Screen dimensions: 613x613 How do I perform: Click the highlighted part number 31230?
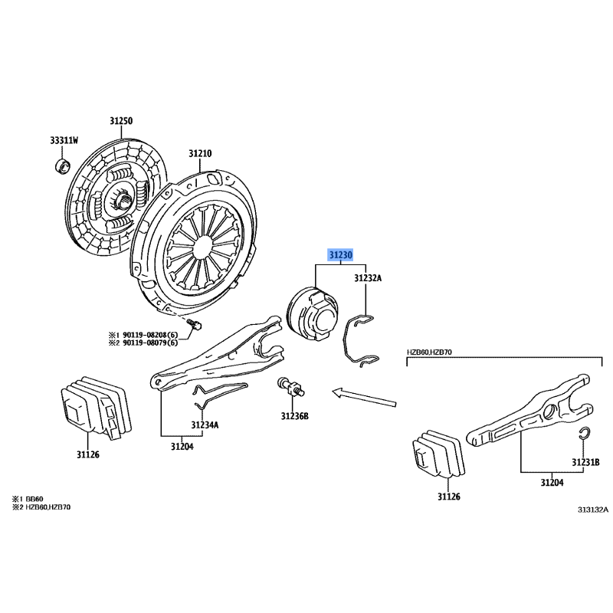pyautogui.click(x=340, y=255)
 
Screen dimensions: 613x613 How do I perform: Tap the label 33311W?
pyautogui.click(x=64, y=140)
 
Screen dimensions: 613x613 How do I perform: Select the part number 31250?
pyautogui.click(x=121, y=121)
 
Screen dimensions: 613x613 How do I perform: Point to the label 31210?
pyautogui.click(x=200, y=153)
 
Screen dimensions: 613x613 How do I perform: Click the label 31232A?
pyautogui.click(x=368, y=278)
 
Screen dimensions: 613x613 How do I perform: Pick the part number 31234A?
pyautogui.click(x=205, y=425)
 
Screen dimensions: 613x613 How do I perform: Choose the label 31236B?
pyautogui.click(x=295, y=416)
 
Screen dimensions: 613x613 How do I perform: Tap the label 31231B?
pyautogui.click(x=585, y=462)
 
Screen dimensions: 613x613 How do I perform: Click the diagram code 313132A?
pyautogui.click(x=593, y=510)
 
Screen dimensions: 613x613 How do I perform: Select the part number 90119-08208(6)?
pyautogui.click(x=150, y=335)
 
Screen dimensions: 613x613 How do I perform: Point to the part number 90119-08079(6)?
pyautogui.click(x=150, y=343)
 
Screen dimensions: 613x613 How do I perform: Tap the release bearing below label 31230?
pyautogui.click(x=312, y=313)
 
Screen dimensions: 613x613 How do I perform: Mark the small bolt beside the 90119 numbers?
pyautogui.click(x=195, y=324)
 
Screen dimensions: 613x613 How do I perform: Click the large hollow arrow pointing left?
pyautogui.click(x=364, y=398)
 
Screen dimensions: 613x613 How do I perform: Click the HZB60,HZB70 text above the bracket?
pyautogui.click(x=429, y=352)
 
